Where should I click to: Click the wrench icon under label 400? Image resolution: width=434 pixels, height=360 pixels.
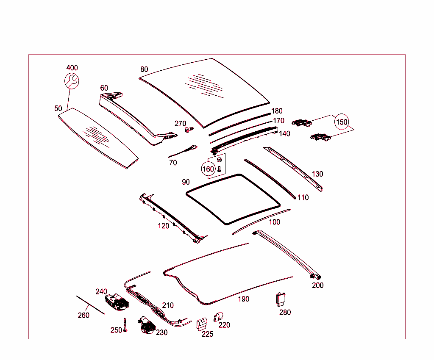click(71, 81)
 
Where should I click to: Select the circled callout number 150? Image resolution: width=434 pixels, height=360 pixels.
click(342, 122)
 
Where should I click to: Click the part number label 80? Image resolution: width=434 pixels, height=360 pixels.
click(144, 69)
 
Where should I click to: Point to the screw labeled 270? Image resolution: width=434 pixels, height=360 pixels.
click(189, 130)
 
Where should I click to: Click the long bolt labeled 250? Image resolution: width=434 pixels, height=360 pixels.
click(125, 325)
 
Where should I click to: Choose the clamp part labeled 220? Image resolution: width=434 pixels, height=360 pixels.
click(219, 316)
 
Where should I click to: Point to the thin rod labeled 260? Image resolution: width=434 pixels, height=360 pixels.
click(90, 305)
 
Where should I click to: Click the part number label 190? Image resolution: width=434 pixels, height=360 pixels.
click(243, 299)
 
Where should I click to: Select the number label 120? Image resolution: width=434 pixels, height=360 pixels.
click(164, 226)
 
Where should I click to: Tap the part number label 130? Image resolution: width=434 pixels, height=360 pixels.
click(317, 174)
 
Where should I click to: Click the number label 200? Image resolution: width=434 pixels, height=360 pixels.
click(317, 285)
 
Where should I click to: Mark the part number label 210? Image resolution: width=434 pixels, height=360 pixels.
click(168, 305)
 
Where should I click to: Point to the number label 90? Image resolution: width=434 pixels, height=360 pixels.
click(186, 182)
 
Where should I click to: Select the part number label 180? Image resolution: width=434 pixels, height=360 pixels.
click(277, 111)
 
